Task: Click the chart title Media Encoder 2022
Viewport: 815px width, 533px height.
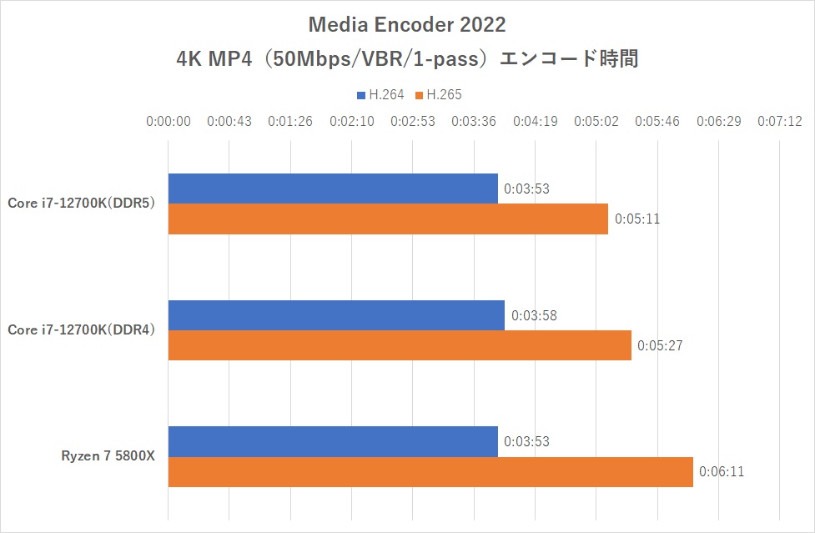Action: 407,23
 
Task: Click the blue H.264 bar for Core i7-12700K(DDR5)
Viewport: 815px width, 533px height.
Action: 333,189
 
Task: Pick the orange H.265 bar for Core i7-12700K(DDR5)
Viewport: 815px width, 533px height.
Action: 388,219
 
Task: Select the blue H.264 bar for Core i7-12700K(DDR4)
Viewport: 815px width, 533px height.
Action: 336,315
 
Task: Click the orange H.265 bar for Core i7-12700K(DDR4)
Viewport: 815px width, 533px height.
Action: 400,345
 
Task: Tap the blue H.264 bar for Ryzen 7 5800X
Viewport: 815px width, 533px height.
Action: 333,442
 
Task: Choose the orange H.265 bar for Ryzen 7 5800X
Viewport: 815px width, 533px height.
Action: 430,472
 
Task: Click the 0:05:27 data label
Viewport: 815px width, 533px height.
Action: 660,345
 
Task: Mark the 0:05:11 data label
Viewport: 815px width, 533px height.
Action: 636,219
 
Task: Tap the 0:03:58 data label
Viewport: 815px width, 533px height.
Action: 534,315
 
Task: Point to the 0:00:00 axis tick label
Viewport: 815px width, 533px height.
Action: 169,121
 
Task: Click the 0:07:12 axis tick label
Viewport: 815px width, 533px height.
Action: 779,121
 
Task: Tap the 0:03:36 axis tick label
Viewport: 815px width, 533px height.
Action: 474,121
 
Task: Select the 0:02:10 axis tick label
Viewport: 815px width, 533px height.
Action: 351,121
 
